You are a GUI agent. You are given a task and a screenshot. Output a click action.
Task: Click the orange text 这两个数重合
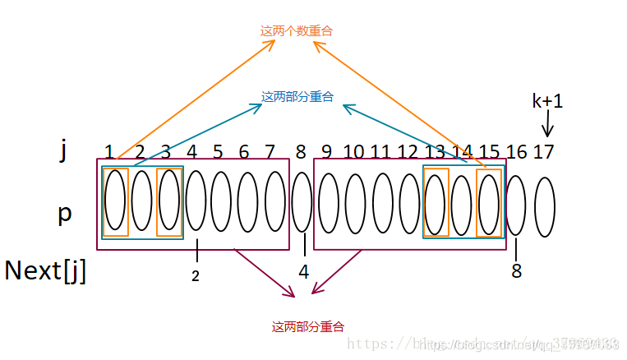pos(297,31)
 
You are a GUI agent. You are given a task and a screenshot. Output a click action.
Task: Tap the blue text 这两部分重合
pos(297,97)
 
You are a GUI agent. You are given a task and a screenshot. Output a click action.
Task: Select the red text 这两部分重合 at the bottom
pos(308,327)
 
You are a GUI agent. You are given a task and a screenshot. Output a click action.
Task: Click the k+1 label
pos(547,101)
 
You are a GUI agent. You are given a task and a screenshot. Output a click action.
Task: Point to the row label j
pos(63,150)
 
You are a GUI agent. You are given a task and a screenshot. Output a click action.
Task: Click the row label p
pos(65,212)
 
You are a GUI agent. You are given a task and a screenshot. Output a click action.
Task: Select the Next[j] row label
pos(46,270)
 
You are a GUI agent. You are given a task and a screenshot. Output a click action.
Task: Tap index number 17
pos(543,152)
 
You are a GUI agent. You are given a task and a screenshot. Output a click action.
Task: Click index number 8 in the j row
pos(301,152)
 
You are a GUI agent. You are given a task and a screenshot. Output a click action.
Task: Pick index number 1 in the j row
pos(109,152)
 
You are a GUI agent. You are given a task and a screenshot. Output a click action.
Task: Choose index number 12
pos(408,152)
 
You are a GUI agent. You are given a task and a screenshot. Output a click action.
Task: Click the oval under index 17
pos(544,207)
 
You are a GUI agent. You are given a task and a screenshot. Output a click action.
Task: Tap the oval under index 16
pos(515,205)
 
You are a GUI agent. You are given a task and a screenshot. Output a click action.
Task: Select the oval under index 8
pos(302,202)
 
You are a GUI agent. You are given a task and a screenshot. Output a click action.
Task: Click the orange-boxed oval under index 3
pos(168,202)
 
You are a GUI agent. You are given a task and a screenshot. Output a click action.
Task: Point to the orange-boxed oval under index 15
pos(488,204)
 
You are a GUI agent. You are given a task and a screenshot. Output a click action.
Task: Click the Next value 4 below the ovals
pos(304,270)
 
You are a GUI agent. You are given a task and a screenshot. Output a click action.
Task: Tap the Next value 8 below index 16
pos(516,270)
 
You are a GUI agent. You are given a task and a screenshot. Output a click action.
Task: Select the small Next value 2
pos(196,277)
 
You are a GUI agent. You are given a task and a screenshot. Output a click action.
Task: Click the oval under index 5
pos(220,202)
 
